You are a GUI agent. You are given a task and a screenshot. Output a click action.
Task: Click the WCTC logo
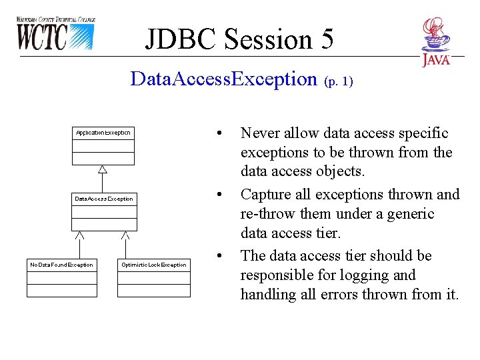(55, 34)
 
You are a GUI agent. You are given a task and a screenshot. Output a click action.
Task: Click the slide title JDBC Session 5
(239, 39)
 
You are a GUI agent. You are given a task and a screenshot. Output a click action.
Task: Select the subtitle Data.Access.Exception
(224, 79)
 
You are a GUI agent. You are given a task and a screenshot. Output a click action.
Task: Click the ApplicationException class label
(103, 133)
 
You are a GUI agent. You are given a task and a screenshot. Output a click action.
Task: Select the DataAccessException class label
(104, 199)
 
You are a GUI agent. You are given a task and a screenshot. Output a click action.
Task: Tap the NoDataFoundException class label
(62, 265)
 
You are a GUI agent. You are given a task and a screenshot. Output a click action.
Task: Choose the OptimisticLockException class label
(154, 265)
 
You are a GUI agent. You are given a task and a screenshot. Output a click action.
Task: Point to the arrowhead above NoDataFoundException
(79, 235)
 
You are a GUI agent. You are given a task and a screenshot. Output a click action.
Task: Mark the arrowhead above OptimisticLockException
(125, 235)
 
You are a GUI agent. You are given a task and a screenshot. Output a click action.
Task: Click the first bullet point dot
(219, 132)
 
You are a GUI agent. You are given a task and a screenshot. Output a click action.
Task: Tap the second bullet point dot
(219, 194)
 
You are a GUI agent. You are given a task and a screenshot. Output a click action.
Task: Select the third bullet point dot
(219, 255)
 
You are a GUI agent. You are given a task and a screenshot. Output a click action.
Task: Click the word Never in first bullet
(260, 133)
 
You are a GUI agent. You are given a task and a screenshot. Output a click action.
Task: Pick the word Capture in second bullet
(266, 195)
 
